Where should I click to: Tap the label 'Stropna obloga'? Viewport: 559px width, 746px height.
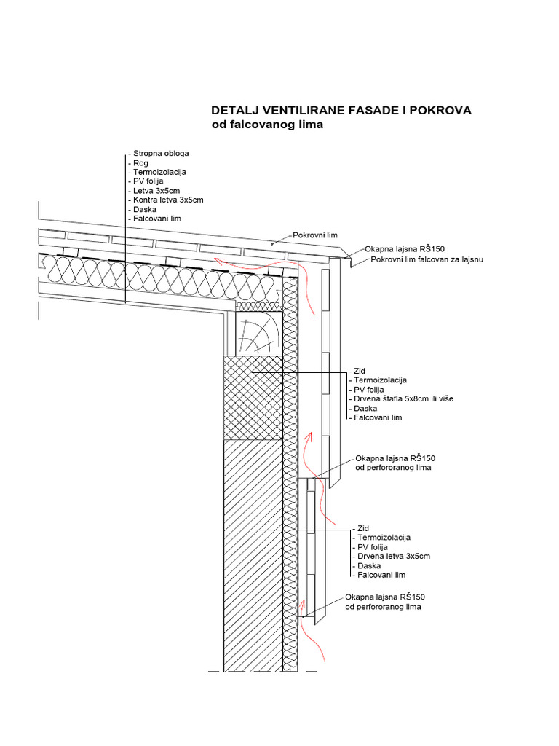pos(160,154)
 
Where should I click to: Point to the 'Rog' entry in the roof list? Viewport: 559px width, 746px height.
pos(140,163)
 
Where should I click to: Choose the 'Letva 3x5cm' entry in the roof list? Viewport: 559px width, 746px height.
pos(155,190)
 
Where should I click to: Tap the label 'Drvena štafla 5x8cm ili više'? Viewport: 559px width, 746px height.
pos(403,399)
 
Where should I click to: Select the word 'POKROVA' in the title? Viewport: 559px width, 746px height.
pos(441,111)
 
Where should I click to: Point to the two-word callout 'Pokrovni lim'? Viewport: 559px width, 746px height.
pos(316,235)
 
